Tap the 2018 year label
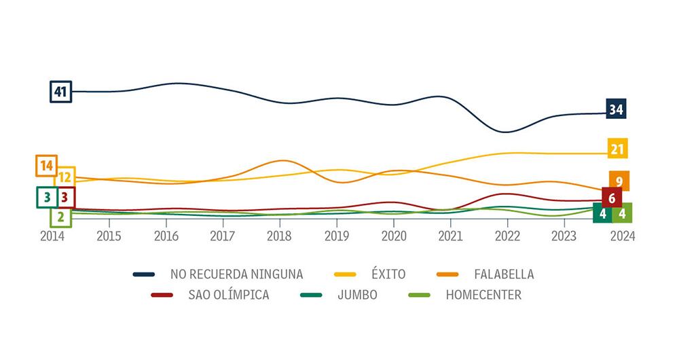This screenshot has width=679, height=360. [279, 236]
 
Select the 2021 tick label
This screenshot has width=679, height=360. [450, 236]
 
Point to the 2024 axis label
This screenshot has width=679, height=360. [623, 236]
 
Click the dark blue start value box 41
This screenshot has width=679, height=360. [60, 91]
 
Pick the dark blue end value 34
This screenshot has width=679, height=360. [617, 109]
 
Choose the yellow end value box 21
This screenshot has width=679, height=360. [617, 148]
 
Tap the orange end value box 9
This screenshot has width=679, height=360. [619, 181]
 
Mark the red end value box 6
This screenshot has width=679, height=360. [612, 198]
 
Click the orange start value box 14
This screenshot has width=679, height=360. [46, 165]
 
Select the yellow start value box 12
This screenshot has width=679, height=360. [65, 177]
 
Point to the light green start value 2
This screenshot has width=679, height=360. [60, 217]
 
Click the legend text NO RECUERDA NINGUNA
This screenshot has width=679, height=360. [237, 274]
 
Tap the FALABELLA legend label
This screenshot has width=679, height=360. [504, 274]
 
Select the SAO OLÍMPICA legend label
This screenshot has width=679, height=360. [229, 295]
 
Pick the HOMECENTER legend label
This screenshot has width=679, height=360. [483, 295]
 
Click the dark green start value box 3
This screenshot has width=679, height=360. [47, 197]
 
